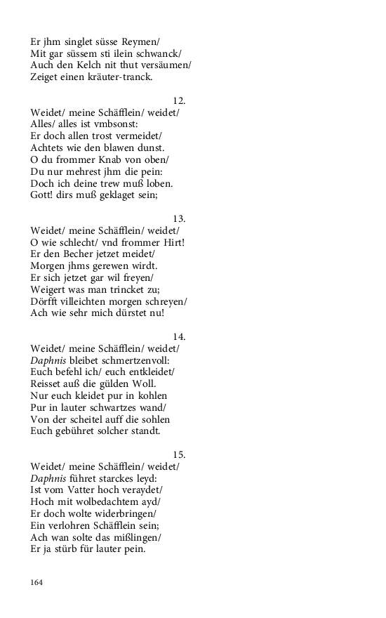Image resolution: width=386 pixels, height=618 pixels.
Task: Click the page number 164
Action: point(36,582)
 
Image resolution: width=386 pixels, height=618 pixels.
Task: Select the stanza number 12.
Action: point(179,101)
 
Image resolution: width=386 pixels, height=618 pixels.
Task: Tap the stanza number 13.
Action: point(179,219)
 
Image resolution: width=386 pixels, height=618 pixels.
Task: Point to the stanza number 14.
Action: point(179,337)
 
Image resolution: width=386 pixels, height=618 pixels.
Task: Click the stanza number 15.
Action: point(179,455)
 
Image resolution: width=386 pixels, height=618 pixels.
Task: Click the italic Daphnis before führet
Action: point(48,478)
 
